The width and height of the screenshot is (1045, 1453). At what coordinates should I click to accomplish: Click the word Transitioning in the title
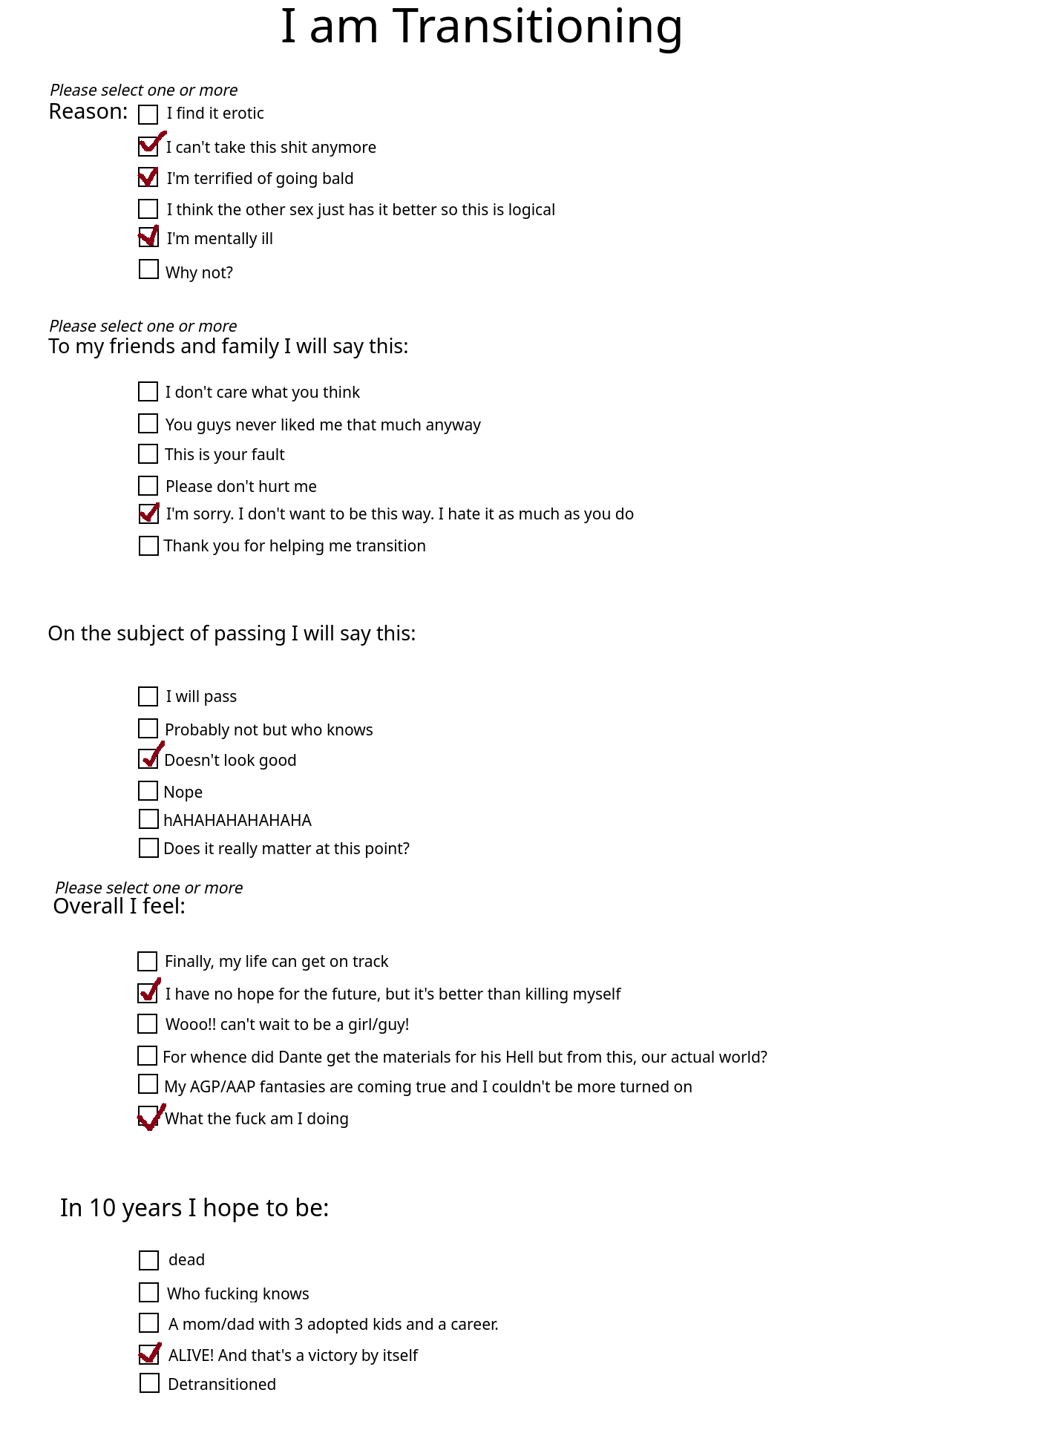tap(537, 27)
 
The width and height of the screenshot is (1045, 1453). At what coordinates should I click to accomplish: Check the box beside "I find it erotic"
tap(148, 114)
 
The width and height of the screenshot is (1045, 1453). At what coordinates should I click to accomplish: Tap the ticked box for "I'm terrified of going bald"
tap(148, 177)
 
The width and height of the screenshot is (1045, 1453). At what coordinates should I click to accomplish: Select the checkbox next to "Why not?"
tap(148, 269)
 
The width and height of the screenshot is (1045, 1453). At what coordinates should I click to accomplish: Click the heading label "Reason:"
tap(88, 112)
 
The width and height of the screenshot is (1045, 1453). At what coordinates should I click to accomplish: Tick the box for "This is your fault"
tap(148, 453)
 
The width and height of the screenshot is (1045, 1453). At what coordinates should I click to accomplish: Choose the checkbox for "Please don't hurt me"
tap(148, 486)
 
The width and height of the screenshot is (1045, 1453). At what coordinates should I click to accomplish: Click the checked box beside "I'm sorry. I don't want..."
tap(148, 514)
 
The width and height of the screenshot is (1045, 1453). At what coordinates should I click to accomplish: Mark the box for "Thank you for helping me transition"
tap(148, 546)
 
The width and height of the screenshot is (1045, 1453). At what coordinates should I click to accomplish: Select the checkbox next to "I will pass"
tap(148, 696)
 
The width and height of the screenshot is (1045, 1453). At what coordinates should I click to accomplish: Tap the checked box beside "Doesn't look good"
tap(148, 758)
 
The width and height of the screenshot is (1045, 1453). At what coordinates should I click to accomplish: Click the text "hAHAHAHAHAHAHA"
tap(237, 820)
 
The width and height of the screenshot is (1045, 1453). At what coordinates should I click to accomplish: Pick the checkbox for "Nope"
tap(148, 791)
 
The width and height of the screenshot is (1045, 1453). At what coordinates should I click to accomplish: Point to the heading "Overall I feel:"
tap(119, 906)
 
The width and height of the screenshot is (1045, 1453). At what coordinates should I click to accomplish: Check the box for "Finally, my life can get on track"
tap(148, 962)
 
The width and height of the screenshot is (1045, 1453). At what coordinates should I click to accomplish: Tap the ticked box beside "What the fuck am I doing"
tap(148, 1117)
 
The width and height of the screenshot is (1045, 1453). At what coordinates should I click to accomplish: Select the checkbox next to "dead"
tap(149, 1260)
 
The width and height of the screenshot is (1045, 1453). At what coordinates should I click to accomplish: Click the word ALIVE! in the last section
tap(191, 1355)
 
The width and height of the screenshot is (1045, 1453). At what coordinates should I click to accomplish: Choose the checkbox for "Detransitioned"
tap(149, 1383)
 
